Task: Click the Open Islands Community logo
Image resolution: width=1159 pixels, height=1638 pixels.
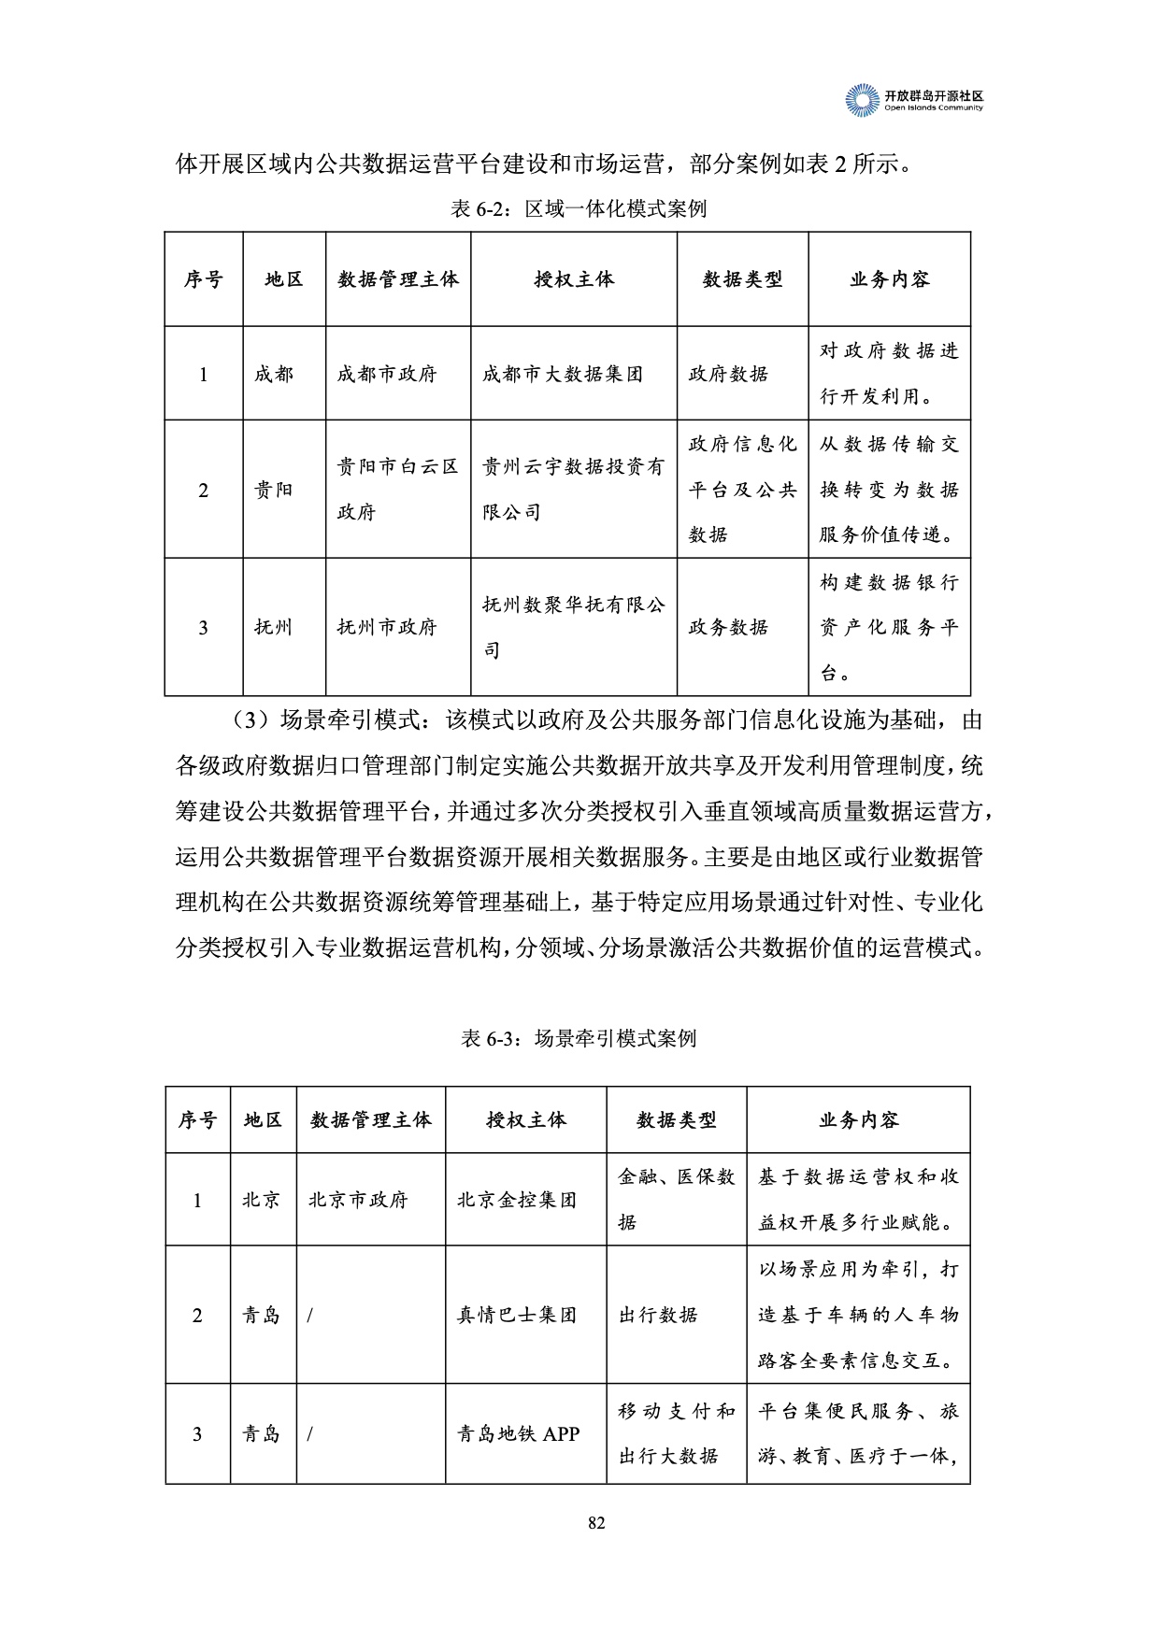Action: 914,100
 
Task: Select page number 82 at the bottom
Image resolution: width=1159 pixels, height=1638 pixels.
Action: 597,1522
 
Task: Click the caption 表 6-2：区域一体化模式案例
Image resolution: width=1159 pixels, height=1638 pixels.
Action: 579,208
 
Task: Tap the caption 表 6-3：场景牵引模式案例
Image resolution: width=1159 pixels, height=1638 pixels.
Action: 579,1038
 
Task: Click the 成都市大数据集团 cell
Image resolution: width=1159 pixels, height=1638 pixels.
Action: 563,374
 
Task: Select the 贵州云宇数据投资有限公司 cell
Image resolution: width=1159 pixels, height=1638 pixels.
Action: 572,489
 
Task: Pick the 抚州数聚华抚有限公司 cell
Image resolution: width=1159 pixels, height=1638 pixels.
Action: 572,627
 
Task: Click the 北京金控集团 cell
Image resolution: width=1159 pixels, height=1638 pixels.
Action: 517,1200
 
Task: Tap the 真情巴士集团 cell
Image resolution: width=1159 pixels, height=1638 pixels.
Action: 517,1315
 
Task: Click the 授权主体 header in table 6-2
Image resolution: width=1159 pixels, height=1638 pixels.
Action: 574,279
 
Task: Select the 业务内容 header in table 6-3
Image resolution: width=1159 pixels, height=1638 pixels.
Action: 858,1119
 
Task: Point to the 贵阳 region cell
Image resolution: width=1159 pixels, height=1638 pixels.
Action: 274,490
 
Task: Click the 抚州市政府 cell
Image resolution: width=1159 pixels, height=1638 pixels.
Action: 387,627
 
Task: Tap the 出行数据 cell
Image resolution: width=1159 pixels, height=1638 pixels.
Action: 658,1315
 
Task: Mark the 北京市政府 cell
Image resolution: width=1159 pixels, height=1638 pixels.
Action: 358,1200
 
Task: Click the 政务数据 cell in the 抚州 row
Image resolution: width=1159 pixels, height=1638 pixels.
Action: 728,627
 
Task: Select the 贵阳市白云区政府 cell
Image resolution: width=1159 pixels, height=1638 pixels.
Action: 397,489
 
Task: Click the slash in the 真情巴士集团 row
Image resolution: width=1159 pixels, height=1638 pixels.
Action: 309,1316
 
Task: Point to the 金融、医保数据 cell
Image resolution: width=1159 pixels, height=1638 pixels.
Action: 676,1199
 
